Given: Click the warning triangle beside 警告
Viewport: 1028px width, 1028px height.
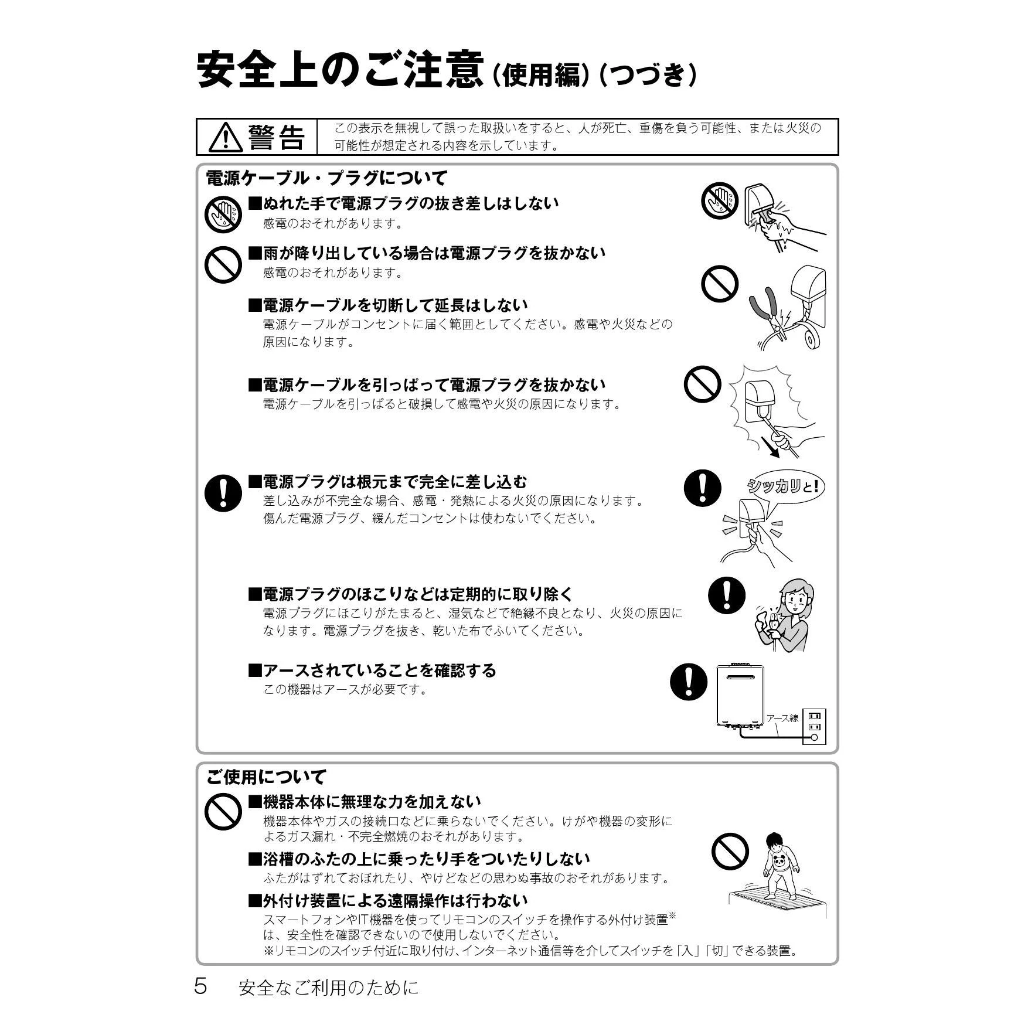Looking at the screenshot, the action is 224,137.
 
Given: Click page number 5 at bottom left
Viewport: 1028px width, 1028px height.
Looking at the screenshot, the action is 200,986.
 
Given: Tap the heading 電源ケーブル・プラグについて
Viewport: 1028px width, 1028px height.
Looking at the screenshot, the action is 326,178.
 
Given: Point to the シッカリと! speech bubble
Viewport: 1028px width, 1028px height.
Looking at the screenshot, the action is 785,486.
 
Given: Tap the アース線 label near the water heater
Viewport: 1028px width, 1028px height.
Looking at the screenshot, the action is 782,718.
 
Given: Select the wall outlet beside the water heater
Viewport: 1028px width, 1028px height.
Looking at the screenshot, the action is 814,726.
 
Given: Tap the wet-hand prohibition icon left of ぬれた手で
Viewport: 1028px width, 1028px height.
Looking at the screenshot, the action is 223,214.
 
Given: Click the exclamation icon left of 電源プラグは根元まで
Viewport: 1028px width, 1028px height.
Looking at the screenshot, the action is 223,492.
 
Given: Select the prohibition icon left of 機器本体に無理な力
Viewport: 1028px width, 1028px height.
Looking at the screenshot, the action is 223,811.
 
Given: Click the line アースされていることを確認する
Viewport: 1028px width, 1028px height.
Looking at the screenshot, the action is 372,670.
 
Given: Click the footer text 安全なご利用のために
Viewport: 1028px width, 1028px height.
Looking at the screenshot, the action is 329,988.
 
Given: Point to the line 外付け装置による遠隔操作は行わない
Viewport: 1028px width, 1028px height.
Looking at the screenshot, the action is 388,900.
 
